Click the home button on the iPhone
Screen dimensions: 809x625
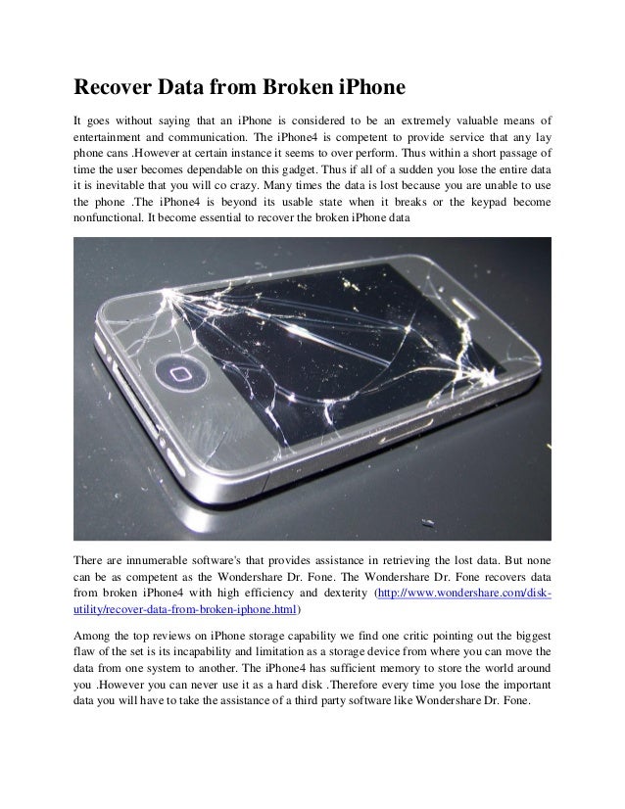coord(178,374)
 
